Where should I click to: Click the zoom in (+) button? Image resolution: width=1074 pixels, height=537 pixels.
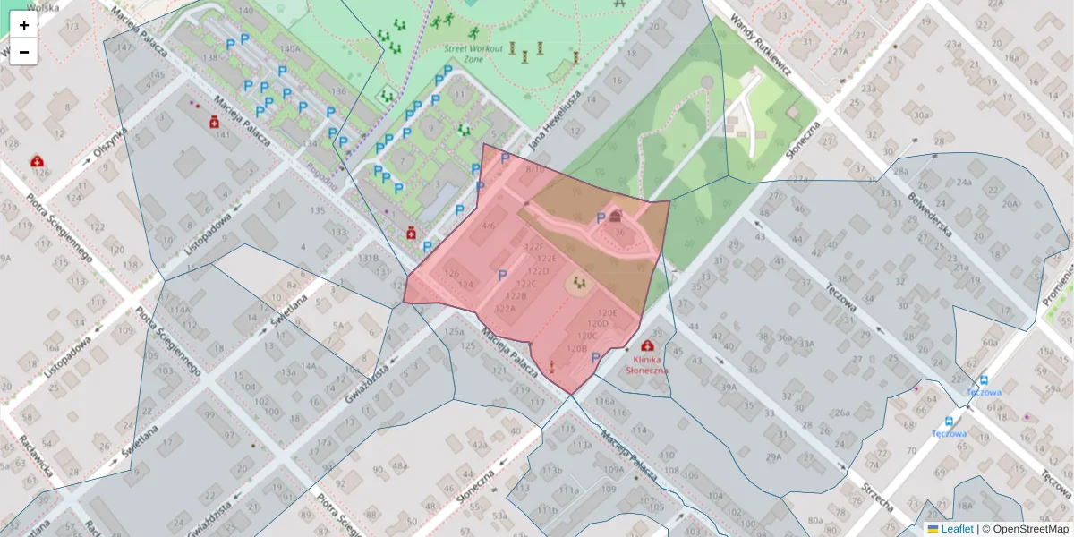click(x=24, y=25)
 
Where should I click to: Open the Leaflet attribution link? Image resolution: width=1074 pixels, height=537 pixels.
click(x=957, y=529)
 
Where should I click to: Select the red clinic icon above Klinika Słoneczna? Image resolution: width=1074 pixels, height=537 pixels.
click(x=647, y=345)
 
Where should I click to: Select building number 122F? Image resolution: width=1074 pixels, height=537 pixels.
click(x=534, y=247)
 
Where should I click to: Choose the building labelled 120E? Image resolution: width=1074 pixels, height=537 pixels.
click(x=608, y=313)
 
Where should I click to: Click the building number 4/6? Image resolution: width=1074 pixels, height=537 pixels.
click(x=488, y=226)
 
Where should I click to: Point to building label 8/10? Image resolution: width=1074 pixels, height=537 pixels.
click(x=535, y=168)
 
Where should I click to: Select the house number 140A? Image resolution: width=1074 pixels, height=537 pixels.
click(x=290, y=49)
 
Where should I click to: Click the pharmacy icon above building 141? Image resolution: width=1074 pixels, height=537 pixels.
click(x=215, y=122)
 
